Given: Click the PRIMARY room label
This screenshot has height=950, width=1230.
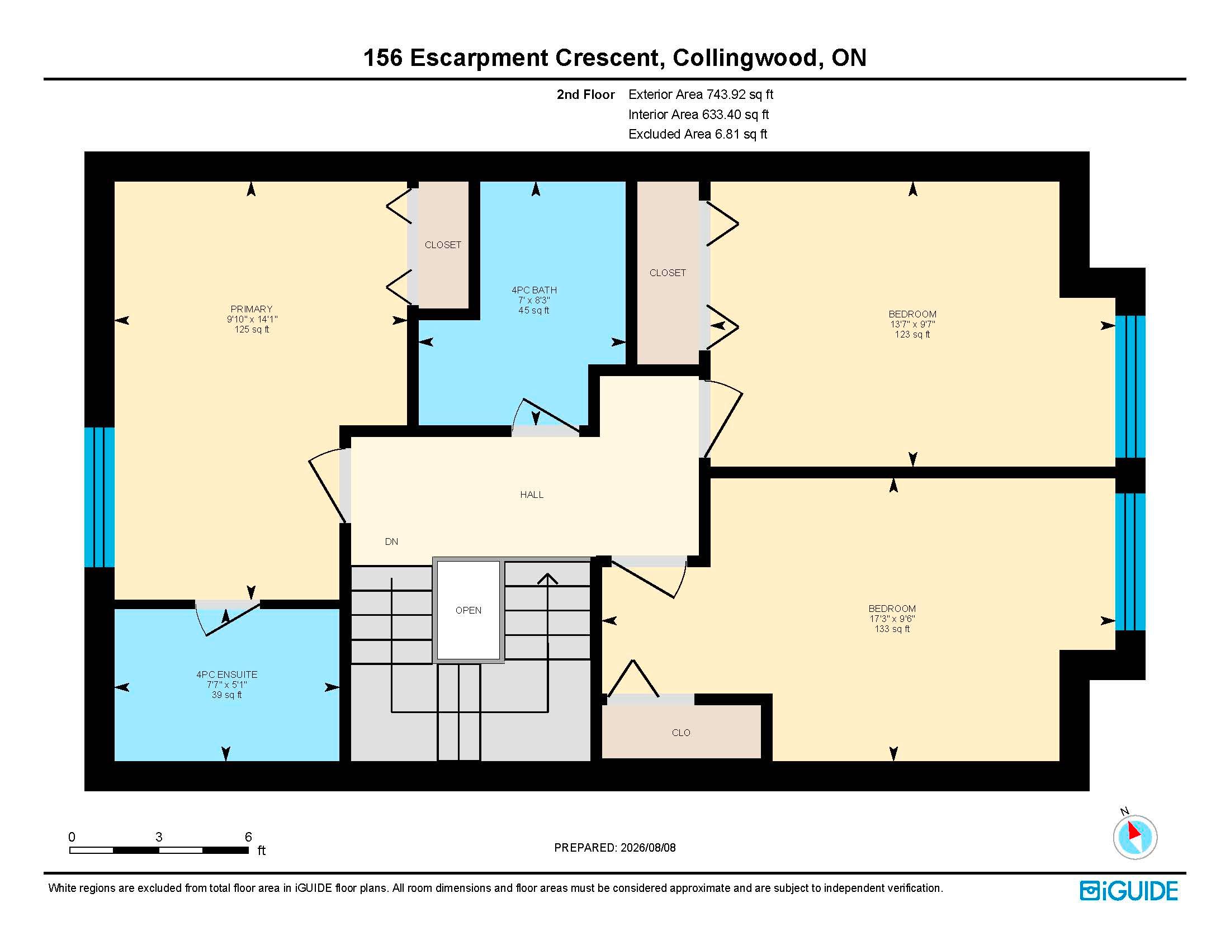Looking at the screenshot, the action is [251, 309].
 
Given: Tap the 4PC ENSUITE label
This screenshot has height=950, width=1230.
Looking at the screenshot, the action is [226, 674].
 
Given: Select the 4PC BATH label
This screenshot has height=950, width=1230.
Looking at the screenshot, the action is [534, 290].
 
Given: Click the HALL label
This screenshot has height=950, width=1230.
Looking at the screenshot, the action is [532, 495].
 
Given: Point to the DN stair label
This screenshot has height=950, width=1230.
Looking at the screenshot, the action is [391, 541].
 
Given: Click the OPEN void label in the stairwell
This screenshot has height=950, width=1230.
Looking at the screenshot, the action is [468, 610].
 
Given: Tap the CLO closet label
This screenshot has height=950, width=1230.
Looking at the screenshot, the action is [681, 733].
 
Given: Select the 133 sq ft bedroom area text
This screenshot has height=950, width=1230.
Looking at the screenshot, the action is [892, 629].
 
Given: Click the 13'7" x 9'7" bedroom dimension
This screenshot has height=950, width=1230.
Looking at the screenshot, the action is [912, 324].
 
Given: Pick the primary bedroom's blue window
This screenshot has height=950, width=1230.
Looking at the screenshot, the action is [100, 497].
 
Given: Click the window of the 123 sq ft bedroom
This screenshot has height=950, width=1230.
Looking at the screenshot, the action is [1130, 387].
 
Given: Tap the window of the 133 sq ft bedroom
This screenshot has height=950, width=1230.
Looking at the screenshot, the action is [1130, 562].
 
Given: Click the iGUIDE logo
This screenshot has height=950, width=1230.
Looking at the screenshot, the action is [1129, 891].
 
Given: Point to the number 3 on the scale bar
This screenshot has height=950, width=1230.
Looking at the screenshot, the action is [159, 837].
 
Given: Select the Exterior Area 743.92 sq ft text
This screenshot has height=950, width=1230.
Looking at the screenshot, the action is [701, 94].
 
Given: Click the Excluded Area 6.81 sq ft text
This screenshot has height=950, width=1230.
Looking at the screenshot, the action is [698, 134].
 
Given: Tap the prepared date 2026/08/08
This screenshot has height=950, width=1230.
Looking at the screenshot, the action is [647, 848].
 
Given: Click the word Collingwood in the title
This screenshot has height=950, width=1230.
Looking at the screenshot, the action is [745, 58].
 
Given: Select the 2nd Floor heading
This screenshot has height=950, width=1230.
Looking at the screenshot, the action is [586, 94].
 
